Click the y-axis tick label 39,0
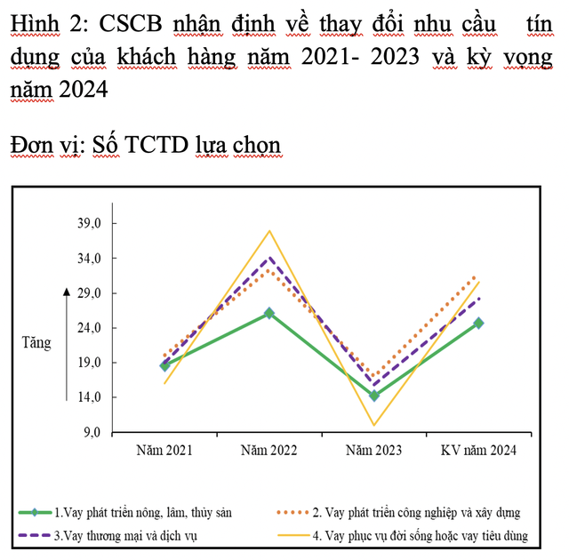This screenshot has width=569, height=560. [x=92, y=223]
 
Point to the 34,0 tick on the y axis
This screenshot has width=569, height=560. [x=92, y=259]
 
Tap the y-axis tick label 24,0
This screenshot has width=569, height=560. [x=92, y=328]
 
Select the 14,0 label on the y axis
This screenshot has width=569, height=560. [x=92, y=397]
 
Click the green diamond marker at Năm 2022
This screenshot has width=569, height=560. [x=268, y=313]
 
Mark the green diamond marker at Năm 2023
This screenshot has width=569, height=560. [x=373, y=396]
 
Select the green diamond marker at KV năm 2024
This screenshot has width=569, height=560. [x=478, y=323]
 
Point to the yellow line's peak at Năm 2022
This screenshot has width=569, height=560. [x=268, y=231]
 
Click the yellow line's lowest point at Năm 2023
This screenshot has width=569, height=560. [x=373, y=425]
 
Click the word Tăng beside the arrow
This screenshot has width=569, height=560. [x=36, y=342]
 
